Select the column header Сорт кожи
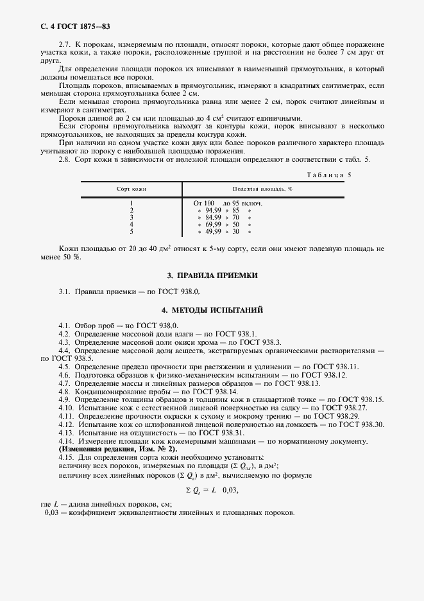coord(131,189)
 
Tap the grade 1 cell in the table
coord(131,203)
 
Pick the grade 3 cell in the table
coord(131,217)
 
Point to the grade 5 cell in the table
coord(131,231)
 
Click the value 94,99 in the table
coord(214,210)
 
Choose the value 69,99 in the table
coord(214,224)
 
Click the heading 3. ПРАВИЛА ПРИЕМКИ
coord(212,275)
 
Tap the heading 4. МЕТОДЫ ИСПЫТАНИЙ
coord(212,309)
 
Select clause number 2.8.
coord(65,159)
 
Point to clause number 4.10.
coord(67,408)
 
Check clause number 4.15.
coord(67,457)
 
